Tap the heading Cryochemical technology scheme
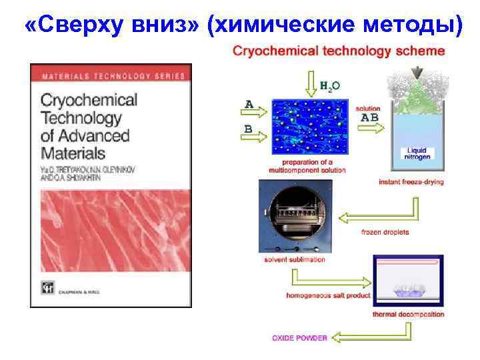coord(338,51)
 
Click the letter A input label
coord(249,104)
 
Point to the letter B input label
coord(249,129)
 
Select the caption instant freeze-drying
coord(411,181)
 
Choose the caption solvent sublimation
coord(294,259)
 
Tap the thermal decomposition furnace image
coord(409,281)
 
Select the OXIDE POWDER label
coord(299,338)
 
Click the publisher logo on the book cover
coord(47,288)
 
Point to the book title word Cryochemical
coord(89,101)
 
